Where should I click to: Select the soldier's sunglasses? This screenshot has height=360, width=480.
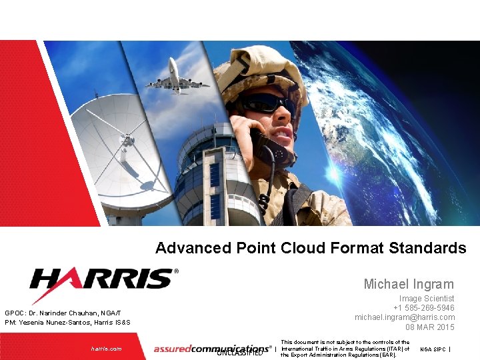click(266, 103)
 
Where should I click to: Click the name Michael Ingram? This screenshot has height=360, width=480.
click(409, 284)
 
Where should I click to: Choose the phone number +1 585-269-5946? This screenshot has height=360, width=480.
click(423, 308)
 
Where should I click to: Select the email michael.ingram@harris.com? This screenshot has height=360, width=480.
click(405, 317)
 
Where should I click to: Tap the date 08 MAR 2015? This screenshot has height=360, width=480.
click(430, 327)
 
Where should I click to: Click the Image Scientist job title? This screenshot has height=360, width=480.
click(427, 299)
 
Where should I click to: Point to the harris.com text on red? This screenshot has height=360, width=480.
click(107, 349)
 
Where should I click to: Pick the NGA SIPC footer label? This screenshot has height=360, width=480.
click(433, 349)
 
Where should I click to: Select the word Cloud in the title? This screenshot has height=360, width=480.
click(303, 248)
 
